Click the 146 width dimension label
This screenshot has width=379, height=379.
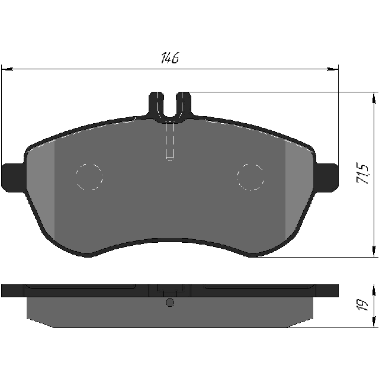[x=170, y=58]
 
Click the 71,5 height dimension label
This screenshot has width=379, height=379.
[x=363, y=174]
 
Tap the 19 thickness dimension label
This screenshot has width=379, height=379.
[x=362, y=305]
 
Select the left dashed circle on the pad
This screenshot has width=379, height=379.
[x=89, y=176]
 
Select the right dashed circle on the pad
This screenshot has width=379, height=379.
[x=250, y=177]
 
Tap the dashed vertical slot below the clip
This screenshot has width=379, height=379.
[x=170, y=142]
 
